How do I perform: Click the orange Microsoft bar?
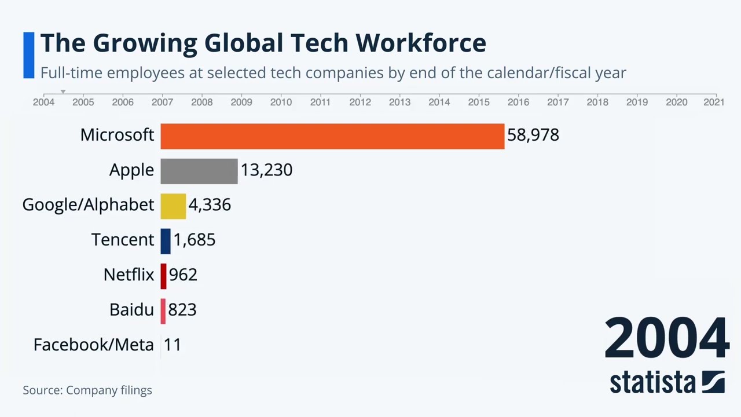pyautogui.click(x=332, y=136)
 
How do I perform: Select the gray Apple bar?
pyautogui.click(x=199, y=171)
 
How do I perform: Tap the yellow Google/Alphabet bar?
pyautogui.click(x=173, y=206)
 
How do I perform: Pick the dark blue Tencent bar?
pyautogui.click(x=166, y=241)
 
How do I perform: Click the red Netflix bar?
pyautogui.click(x=164, y=276)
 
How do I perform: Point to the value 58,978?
pyautogui.click(x=533, y=135)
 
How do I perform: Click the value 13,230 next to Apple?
pyautogui.click(x=266, y=170)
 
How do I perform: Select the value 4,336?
pyautogui.click(x=210, y=205)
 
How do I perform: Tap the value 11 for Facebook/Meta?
pyautogui.click(x=173, y=345)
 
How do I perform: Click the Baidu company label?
pyautogui.click(x=131, y=310)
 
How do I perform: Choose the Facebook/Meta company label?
pyautogui.click(x=93, y=345)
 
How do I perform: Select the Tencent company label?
pyautogui.click(x=122, y=240)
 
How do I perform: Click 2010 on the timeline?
pyautogui.click(x=281, y=102)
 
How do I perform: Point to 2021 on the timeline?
pyautogui.click(x=714, y=102)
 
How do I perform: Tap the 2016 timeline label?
pyautogui.click(x=518, y=102)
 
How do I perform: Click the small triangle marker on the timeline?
pyautogui.click(x=63, y=92)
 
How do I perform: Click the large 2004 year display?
pyautogui.click(x=666, y=338)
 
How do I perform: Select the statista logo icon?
pyautogui.click(x=713, y=382)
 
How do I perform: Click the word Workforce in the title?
pyautogui.click(x=420, y=43)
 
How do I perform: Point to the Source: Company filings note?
pyautogui.click(x=87, y=390)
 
